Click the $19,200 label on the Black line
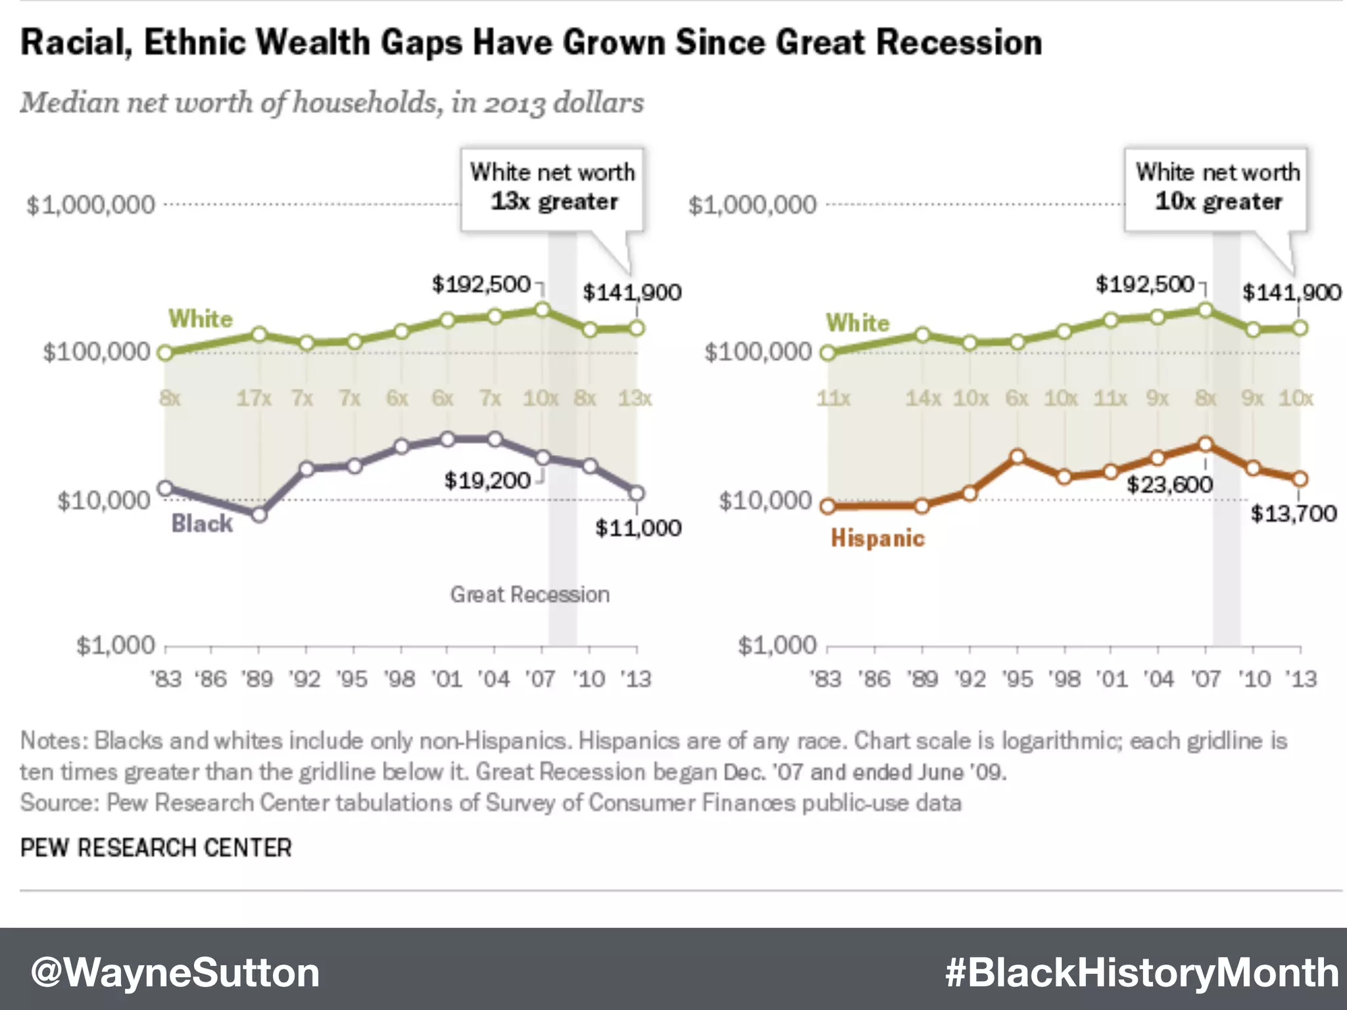(487, 481)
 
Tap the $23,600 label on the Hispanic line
(1169, 485)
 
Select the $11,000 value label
(638, 528)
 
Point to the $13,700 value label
(1293, 514)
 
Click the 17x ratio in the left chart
(254, 398)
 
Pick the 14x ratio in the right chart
(923, 398)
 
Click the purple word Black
(202, 523)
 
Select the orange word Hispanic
(877, 539)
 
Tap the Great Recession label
(529, 594)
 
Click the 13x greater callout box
(552, 188)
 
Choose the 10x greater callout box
(1217, 188)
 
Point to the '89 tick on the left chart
(257, 679)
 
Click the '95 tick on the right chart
(1017, 679)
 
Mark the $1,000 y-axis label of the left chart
(116, 646)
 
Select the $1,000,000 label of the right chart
(752, 205)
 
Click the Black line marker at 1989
(260, 514)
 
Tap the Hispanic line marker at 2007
(1205, 445)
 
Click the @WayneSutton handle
(175, 973)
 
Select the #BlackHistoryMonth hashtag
(1142, 973)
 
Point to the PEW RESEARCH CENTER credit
(156, 848)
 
